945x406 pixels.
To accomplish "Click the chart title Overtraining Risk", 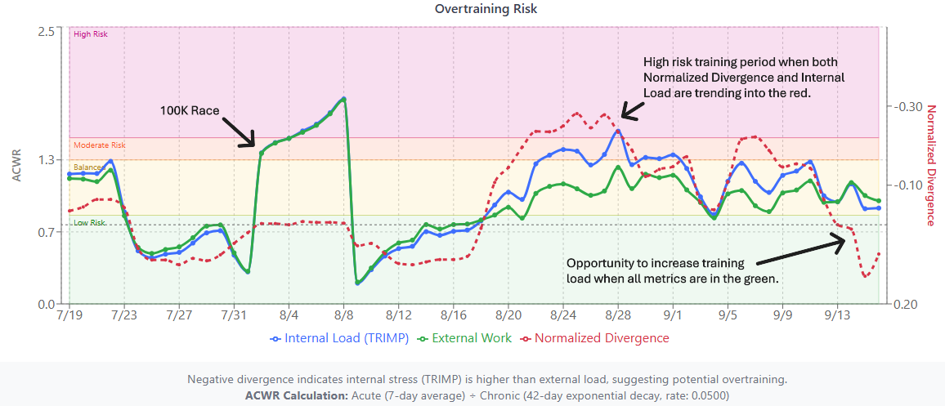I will [x=472, y=9].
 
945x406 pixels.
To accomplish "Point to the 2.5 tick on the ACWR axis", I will [x=46, y=31].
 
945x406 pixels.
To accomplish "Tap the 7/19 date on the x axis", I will [x=69, y=315].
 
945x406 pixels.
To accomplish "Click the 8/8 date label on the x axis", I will [x=344, y=315].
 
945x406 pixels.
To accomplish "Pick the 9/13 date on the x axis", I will [x=838, y=315].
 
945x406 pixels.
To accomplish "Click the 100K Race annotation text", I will [x=190, y=110].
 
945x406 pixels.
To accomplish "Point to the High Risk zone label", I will [x=90, y=34].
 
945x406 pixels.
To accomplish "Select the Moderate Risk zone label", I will [x=100, y=145].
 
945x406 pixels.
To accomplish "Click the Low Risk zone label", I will [x=89, y=222].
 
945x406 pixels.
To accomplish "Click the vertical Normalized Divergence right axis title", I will [x=930, y=167].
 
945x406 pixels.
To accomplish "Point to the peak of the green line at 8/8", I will [x=344, y=99].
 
